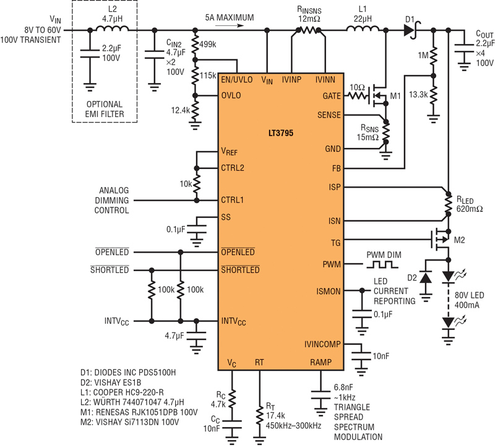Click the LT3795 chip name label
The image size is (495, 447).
point(281,133)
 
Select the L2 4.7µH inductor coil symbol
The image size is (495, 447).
point(112,28)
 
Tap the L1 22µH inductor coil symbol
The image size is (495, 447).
point(363,28)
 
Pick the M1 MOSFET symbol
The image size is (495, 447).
point(379,95)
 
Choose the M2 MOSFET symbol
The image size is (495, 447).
point(441,240)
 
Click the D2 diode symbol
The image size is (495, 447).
point(426,278)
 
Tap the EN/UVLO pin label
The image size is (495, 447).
point(237,80)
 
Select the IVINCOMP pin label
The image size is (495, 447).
point(322,344)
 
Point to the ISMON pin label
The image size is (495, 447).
point(329,291)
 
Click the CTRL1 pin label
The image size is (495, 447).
point(233,200)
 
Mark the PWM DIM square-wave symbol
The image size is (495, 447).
point(382,264)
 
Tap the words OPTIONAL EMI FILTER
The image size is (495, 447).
point(105,109)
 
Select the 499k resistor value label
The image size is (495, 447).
point(208,45)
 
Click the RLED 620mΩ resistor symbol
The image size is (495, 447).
point(448,204)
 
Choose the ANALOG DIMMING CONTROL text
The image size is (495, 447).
point(112,200)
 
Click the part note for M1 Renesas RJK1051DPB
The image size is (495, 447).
point(139,412)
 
